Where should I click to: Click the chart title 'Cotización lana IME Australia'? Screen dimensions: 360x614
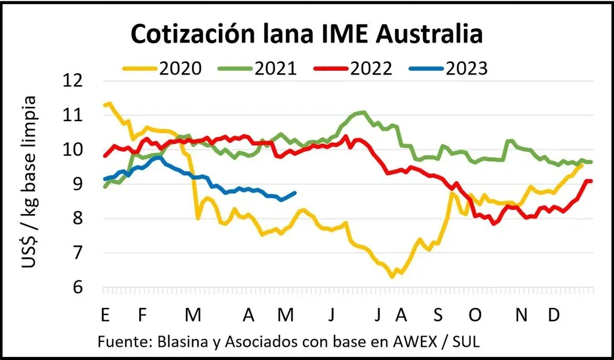(306, 34)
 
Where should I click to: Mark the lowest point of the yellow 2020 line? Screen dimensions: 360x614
(392, 277)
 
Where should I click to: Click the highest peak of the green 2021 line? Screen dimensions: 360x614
(363, 112)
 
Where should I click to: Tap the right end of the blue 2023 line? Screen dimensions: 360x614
(295, 193)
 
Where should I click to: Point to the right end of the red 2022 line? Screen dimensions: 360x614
(592, 181)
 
